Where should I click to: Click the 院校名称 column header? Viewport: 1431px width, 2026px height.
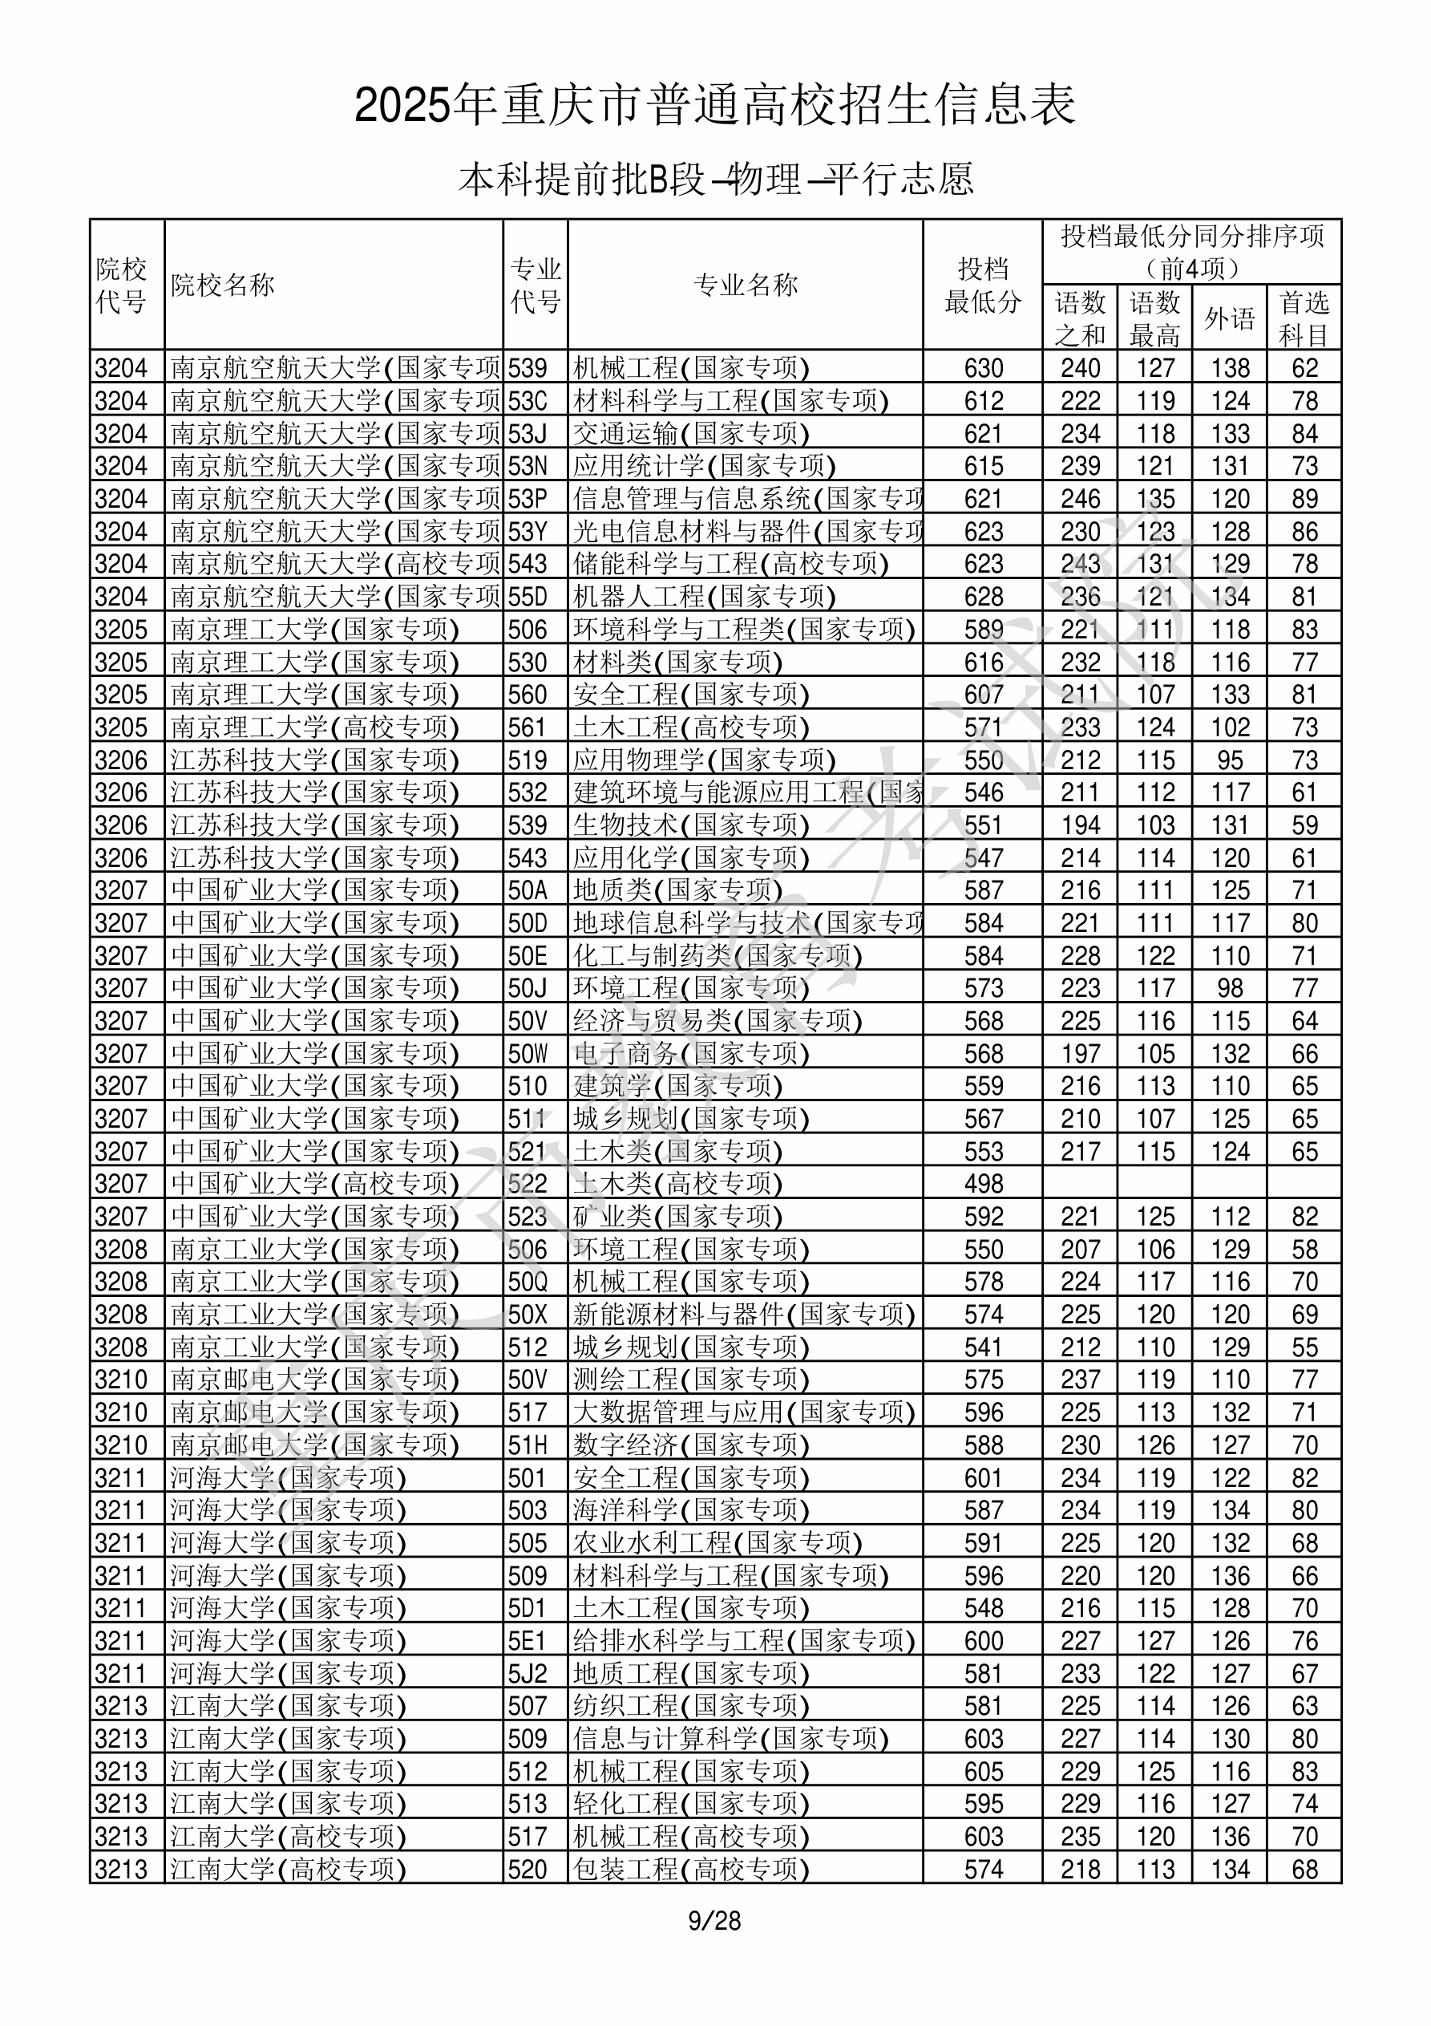point(223,285)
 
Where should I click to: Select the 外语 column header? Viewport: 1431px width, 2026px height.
point(1229,318)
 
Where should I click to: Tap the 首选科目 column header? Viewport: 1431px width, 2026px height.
point(1304,318)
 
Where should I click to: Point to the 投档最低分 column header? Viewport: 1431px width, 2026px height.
point(983,285)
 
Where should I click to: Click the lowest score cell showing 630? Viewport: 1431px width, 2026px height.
point(984,368)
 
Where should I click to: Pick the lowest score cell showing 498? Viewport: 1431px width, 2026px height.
point(984,1183)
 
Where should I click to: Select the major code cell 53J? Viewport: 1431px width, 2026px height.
point(528,433)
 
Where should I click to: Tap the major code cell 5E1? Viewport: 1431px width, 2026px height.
point(528,1640)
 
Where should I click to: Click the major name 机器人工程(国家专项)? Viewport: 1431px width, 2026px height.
point(704,597)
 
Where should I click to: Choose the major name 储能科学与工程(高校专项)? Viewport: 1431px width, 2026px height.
point(730,564)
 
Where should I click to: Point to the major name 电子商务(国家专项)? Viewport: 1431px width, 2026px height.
point(691,1054)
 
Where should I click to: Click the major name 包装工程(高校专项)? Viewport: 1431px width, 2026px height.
point(691,1869)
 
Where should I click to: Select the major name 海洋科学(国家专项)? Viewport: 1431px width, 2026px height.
point(691,1509)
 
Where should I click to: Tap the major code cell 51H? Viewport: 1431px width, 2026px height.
point(528,1445)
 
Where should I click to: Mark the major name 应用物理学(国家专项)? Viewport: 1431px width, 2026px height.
point(704,760)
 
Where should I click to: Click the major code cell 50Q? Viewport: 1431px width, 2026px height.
point(528,1281)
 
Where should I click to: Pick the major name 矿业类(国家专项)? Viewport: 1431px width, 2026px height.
point(677,1216)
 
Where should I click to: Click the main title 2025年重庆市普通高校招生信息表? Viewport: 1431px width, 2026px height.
point(714,105)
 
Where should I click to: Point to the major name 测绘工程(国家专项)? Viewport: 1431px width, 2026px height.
point(691,1380)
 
